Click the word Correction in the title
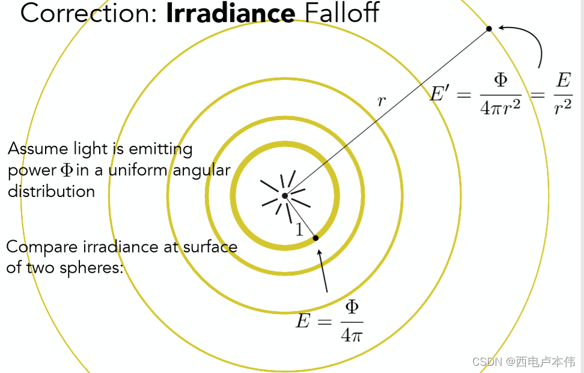pyautogui.click(x=88, y=13)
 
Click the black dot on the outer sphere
pyautogui.click(x=489, y=28)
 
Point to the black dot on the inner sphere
pyautogui.click(x=316, y=238)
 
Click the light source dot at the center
pyautogui.click(x=285, y=195)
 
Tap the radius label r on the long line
pyautogui.click(x=381, y=101)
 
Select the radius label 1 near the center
pyautogui.click(x=299, y=229)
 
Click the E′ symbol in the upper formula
pyautogui.click(x=443, y=93)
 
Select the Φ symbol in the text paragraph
pyautogui.click(x=66, y=171)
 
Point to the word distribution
pyautogui.click(x=51, y=192)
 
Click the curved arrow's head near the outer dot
pyautogui.click(x=501, y=28)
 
